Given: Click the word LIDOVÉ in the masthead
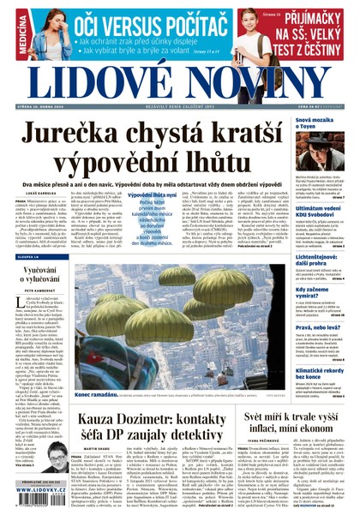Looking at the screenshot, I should (x=99, y=80).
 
